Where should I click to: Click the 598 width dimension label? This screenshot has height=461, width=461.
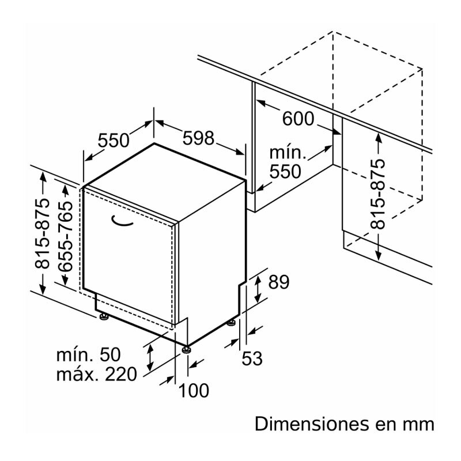[x=198, y=139]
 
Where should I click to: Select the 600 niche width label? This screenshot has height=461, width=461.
[x=298, y=119]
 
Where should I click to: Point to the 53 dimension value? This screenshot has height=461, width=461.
[x=251, y=358]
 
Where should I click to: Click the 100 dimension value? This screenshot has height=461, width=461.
[x=193, y=391]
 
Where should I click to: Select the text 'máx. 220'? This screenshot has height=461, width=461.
[x=97, y=375]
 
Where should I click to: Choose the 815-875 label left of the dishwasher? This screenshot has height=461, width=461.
[x=42, y=237]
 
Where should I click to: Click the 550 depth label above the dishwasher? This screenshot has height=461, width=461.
[x=114, y=140]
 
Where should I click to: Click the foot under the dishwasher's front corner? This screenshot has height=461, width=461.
[x=186, y=349]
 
